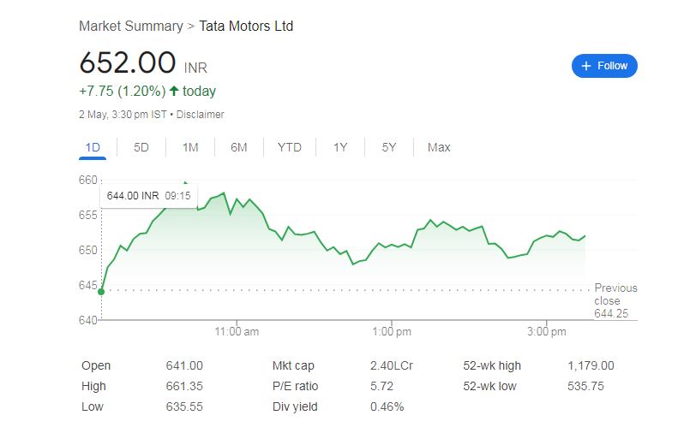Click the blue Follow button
pyautogui.click(x=604, y=66)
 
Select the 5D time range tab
pyautogui.click(x=141, y=147)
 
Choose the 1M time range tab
pyautogui.click(x=190, y=147)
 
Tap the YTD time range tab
pyautogui.click(x=290, y=147)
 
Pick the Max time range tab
pyautogui.click(x=439, y=147)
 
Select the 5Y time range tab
pyautogui.click(x=389, y=147)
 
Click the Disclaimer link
pyautogui.click(x=201, y=114)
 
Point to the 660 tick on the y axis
pyautogui.click(x=88, y=180)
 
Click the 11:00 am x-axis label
pyautogui.click(x=237, y=331)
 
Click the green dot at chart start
pyautogui.click(x=101, y=292)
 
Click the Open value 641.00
pyautogui.click(x=184, y=365)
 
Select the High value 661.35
pyautogui.click(x=184, y=386)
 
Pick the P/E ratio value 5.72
pyautogui.click(x=382, y=386)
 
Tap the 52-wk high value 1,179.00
pyautogui.click(x=591, y=365)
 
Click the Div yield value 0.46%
pyautogui.click(x=387, y=406)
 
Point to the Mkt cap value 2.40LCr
pyautogui.click(x=392, y=365)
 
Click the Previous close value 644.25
pyautogui.click(x=611, y=313)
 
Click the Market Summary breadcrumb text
pyautogui.click(x=130, y=26)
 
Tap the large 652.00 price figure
pyautogui.click(x=127, y=63)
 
